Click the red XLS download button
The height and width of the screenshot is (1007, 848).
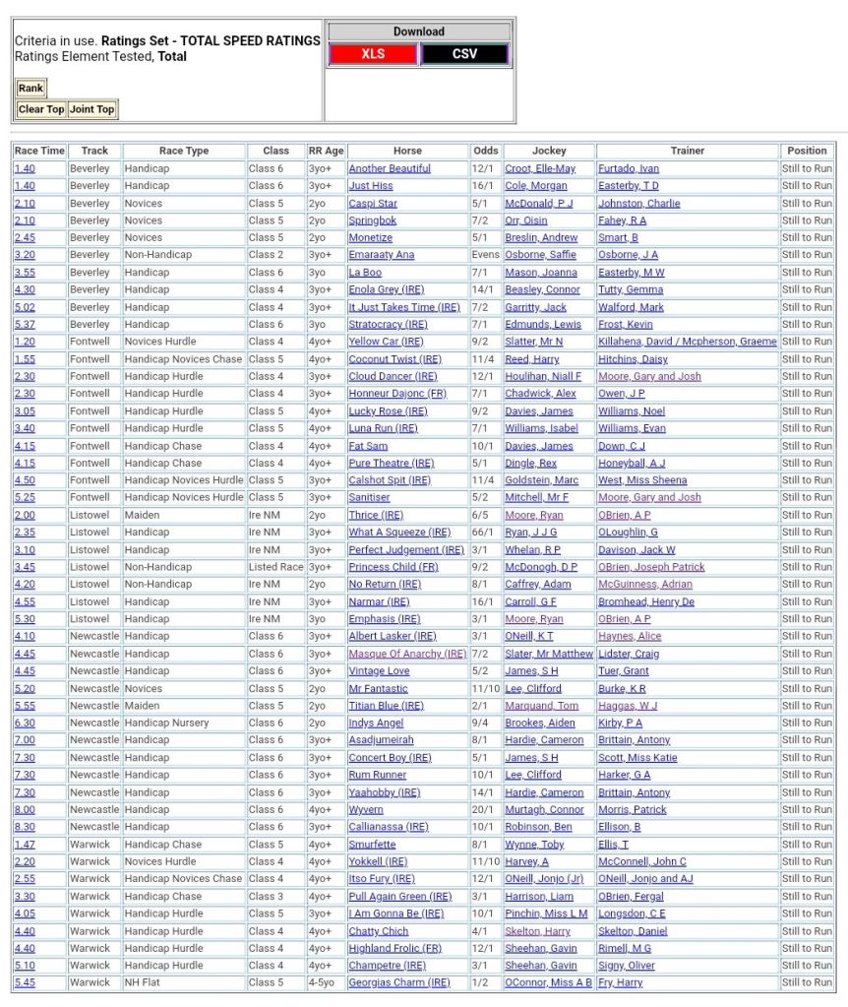coord(373,54)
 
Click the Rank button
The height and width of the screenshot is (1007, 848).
coord(30,88)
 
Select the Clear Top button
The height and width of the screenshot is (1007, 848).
coord(41,109)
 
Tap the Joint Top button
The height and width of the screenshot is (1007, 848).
coord(91,109)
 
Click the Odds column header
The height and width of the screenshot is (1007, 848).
coord(485,151)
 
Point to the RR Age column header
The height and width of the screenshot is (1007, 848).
coord(326,151)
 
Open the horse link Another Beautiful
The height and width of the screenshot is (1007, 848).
coord(390,168)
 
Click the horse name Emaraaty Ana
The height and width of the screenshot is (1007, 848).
coord(382,255)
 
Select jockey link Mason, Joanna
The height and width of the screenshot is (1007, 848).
coord(542,273)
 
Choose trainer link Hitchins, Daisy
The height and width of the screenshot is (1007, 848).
coord(633,359)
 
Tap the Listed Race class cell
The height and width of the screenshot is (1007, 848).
coord(275,567)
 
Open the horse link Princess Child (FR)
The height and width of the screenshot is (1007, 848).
coord(394,567)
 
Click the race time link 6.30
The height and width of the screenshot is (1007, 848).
coord(25,723)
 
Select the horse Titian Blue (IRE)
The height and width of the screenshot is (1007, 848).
coord(386,706)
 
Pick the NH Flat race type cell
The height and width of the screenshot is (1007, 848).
coord(146,982)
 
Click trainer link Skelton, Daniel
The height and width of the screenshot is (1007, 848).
coord(633,931)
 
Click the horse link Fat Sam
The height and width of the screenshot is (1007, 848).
coord(368,446)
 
